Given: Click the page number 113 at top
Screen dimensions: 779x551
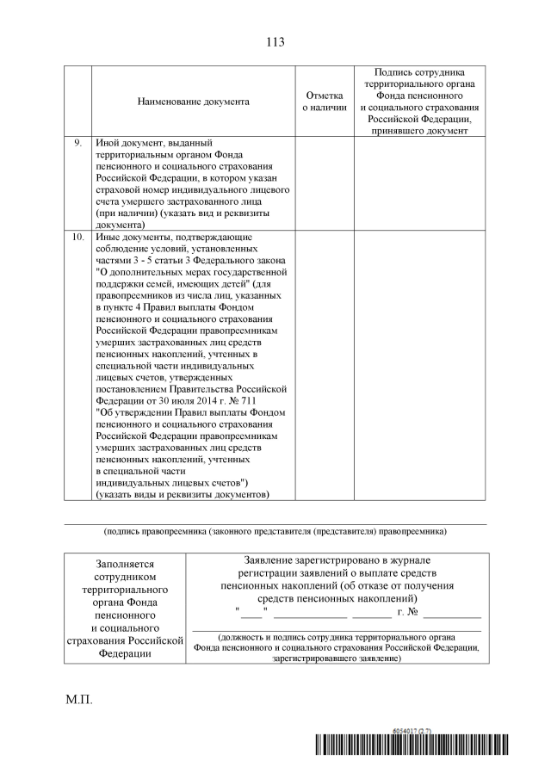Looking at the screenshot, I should pyautogui.click(x=275, y=41).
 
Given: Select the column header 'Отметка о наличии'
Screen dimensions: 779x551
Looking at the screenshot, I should pyautogui.click(x=324, y=102).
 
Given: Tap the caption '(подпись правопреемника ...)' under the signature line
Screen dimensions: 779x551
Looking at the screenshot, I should pyautogui.click(x=275, y=532).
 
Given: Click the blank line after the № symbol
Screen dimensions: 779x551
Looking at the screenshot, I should pyautogui.click(x=452, y=613).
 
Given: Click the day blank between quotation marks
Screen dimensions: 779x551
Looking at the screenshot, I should pyautogui.click(x=253, y=613).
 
